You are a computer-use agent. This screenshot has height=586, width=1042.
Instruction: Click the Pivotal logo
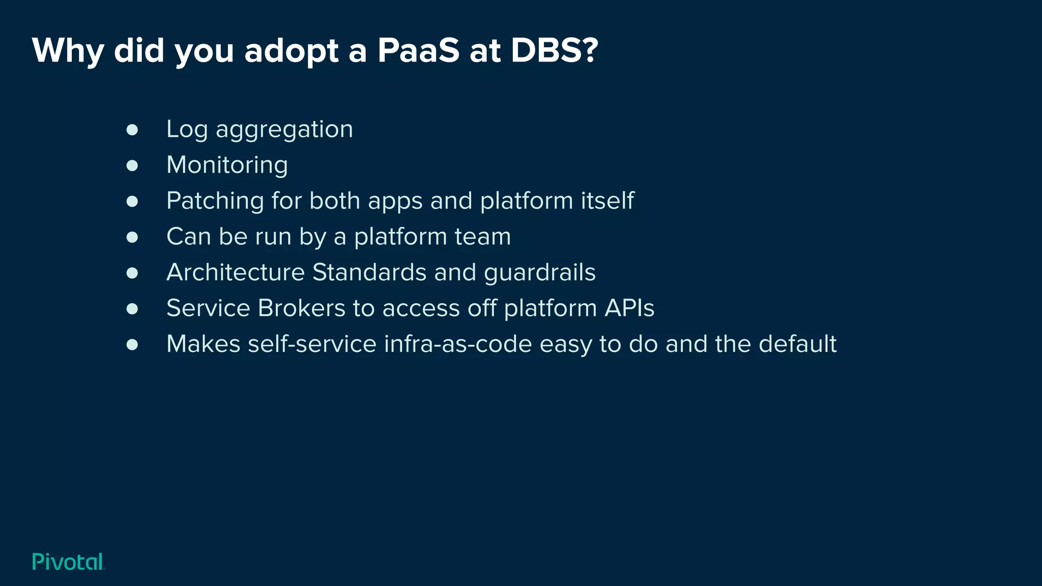click(x=68, y=562)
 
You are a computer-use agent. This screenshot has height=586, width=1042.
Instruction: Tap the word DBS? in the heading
click(x=554, y=51)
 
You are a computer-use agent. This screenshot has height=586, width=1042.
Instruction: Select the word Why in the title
click(x=68, y=51)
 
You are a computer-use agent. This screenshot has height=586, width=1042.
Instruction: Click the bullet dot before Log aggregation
click(x=132, y=130)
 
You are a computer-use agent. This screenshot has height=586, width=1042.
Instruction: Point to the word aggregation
click(x=284, y=130)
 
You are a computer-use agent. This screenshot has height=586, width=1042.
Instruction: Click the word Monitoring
click(x=227, y=165)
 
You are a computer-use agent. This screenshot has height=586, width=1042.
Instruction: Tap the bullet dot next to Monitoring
click(x=132, y=166)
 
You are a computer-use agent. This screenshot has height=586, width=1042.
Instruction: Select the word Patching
click(x=215, y=200)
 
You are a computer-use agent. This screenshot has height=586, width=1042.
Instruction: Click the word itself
click(x=607, y=200)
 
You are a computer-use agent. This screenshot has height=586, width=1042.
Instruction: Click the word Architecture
click(x=235, y=272)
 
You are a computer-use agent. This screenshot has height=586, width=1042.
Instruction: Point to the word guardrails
click(x=539, y=273)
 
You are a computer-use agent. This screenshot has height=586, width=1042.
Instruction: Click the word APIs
click(x=629, y=308)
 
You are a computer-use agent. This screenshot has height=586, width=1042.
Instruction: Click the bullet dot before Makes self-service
click(x=132, y=345)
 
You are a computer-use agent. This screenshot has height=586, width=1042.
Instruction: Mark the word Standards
click(x=369, y=272)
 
